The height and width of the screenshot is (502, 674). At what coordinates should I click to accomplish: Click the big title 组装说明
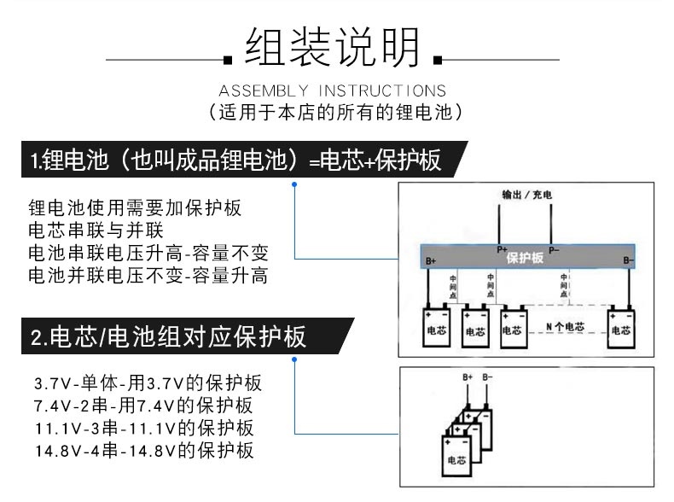click(x=332, y=48)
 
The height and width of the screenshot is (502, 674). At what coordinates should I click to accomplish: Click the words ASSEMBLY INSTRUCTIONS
click(x=332, y=90)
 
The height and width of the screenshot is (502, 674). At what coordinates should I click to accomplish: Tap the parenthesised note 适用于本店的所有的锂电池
click(x=334, y=112)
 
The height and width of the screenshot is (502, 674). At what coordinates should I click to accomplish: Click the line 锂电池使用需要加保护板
click(x=135, y=207)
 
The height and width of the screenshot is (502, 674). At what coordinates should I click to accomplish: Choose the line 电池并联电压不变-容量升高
click(x=148, y=276)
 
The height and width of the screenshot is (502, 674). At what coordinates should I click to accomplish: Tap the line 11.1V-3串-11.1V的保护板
click(x=144, y=428)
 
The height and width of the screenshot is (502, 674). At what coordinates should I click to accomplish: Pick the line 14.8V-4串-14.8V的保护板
click(x=144, y=451)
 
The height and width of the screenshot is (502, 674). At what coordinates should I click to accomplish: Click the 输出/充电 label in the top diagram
click(x=526, y=196)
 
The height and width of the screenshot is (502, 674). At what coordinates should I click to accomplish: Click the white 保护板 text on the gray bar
click(x=525, y=257)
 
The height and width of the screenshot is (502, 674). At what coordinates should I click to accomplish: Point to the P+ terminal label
click(x=503, y=249)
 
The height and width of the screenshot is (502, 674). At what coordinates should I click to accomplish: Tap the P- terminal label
click(x=554, y=250)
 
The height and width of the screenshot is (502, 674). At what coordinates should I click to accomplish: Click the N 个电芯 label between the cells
click(x=565, y=327)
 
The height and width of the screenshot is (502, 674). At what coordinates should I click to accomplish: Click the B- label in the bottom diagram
click(x=487, y=376)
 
